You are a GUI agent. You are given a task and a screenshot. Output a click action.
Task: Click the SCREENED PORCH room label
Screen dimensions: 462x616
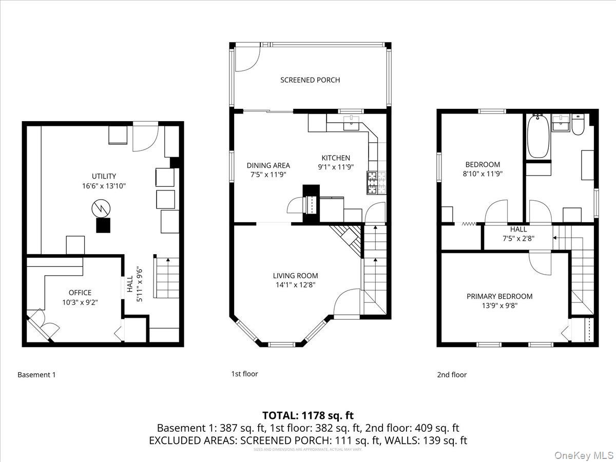click(310, 80)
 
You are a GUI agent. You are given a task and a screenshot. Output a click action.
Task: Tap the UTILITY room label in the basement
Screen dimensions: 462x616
click(104, 176)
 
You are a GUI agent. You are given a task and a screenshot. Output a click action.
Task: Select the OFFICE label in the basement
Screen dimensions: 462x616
click(80, 293)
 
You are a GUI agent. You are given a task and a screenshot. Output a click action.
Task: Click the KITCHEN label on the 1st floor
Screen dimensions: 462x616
click(336, 158)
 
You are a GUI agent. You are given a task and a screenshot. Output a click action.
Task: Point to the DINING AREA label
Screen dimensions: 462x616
click(268, 165)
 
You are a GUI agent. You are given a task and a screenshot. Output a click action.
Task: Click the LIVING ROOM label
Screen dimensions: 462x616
click(295, 276)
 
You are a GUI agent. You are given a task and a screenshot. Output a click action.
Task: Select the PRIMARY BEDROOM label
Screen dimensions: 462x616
click(499, 296)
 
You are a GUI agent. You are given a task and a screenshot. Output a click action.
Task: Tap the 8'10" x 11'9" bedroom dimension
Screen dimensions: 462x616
click(483, 174)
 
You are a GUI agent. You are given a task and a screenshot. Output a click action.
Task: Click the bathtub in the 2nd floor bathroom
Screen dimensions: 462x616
click(537, 137)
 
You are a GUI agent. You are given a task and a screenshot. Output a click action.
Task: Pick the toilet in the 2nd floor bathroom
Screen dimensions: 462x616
click(578, 125)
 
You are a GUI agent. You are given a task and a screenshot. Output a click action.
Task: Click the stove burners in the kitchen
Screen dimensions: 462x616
click(372, 182)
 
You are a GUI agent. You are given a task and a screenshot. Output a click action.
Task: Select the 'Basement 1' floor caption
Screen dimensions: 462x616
click(37, 375)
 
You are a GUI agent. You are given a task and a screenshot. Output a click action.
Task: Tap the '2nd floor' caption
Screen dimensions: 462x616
click(452, 375)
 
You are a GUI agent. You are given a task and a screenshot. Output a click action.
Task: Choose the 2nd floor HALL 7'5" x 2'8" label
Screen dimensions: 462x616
click(518, 234)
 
